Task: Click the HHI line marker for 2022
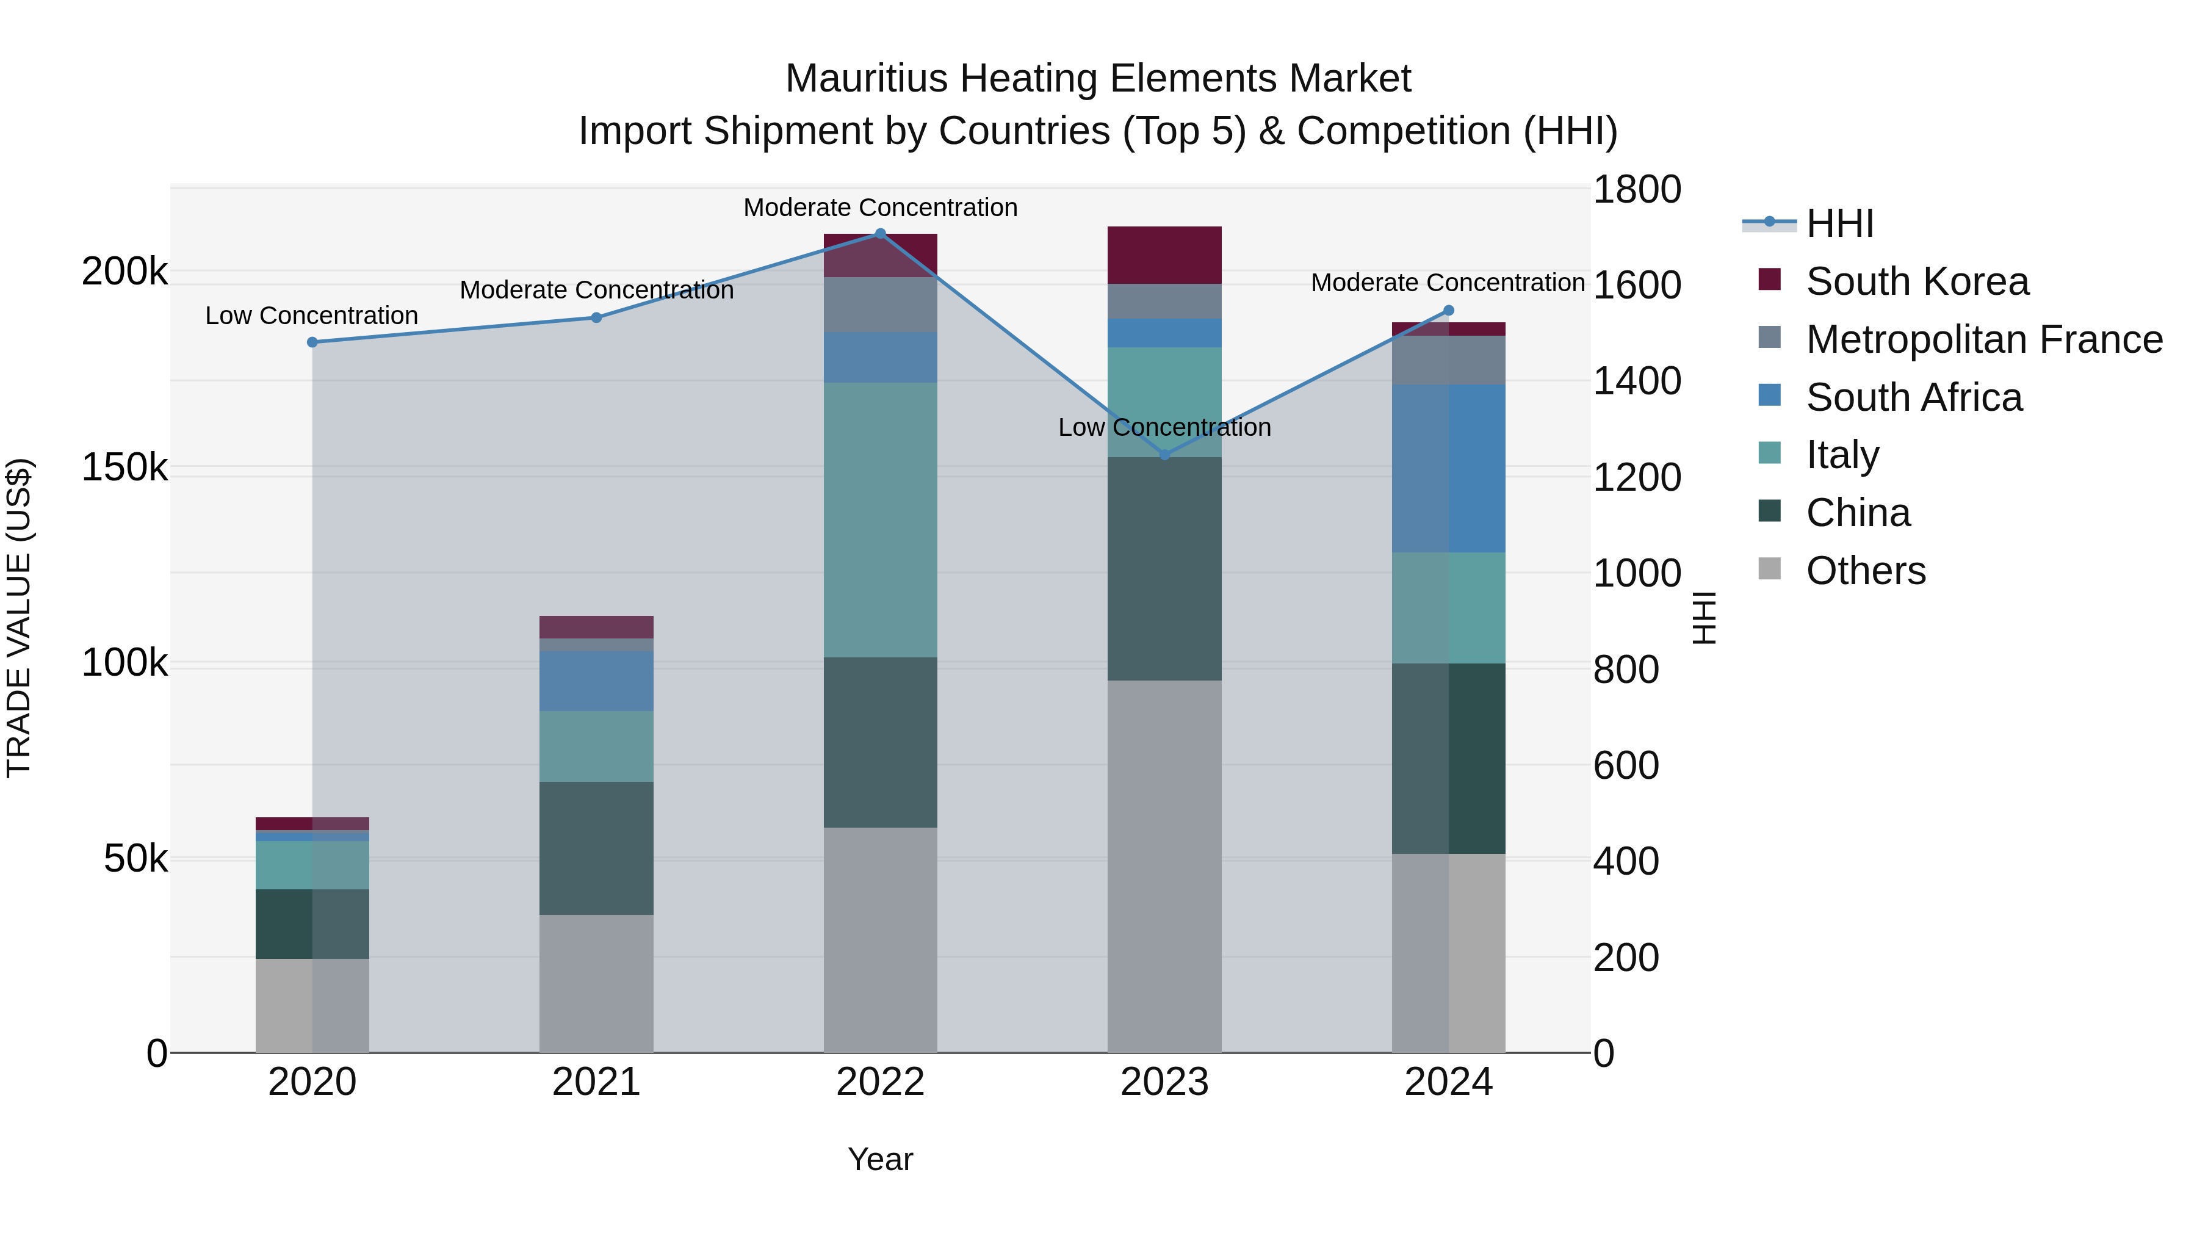click(880, 234)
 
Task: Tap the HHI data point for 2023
click(1165, 455)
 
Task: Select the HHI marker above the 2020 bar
click(312, 342)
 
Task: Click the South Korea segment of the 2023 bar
click(1164, 255)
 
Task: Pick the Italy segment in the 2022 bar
click(880, 519)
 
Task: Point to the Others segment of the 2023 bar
click(1164, 866)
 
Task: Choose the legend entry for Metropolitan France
click(1984, 339)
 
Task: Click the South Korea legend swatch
click(1770, 280)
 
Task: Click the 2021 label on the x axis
click(596, 1082)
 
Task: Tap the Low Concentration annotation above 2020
click(311, 316)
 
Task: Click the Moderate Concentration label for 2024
click(1448, 283)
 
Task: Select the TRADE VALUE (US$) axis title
click(19, 618)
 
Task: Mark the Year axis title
click(880, 1159)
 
